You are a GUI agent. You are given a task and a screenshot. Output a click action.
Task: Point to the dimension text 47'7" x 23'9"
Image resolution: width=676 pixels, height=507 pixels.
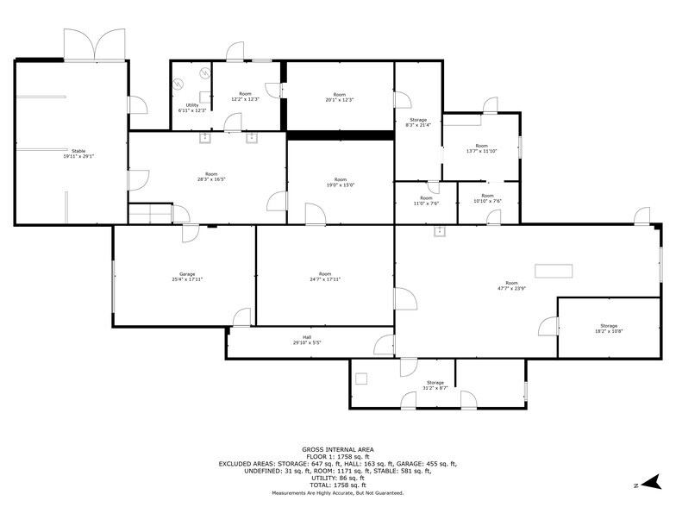click(x=512, y=288)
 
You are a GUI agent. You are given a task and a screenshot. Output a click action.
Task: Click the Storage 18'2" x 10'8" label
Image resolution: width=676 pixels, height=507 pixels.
click(x=609, y=329)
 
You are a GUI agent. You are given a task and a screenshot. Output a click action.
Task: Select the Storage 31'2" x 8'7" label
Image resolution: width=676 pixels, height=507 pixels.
click(x=435, y=385)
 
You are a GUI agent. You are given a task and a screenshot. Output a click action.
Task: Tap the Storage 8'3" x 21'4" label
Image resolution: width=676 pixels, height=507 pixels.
click(x=417, y=122)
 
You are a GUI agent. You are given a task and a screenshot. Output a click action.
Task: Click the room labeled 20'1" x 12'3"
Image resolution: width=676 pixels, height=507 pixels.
click(x=340, y=97)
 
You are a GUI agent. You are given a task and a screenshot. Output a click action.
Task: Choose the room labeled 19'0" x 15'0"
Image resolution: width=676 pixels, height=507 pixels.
click(x=340, y=182)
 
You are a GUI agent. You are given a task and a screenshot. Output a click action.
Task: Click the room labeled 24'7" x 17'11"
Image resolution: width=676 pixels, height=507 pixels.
click(x=325, y=277)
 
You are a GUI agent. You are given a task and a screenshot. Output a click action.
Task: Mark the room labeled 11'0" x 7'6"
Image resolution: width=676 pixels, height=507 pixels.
click(x=426, y=201)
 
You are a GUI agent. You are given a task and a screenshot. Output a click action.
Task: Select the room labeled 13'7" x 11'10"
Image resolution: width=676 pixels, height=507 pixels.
click(x=481, y=148)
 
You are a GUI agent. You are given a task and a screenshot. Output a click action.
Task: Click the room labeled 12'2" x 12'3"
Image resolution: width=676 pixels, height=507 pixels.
click(x=245, y=97)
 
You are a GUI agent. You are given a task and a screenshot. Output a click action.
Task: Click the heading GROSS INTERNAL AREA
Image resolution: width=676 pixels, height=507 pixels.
click(x=337, y=449)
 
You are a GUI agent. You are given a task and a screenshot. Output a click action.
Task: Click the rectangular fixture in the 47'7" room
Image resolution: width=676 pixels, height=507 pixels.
click(x=553, y=271)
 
